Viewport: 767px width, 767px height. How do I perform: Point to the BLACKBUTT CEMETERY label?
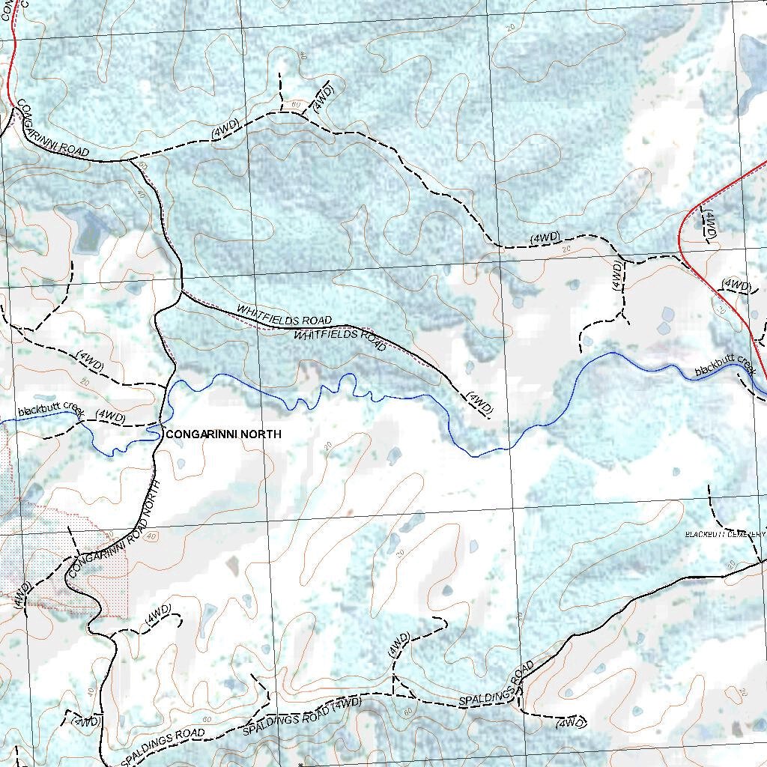coord(725,534)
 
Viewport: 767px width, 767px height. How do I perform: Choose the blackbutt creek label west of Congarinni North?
coord(49,409)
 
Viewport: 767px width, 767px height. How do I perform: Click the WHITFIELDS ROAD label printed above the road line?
coord(284,315)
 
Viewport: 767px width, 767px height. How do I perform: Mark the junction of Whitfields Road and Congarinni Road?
coord(181,291)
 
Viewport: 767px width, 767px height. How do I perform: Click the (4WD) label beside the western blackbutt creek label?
coord(111,415)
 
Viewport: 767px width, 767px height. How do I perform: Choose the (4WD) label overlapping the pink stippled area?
coord(21,593)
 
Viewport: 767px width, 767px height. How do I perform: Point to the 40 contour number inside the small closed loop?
coord(152,536)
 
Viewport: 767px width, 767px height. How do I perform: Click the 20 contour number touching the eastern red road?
coord(722,309)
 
